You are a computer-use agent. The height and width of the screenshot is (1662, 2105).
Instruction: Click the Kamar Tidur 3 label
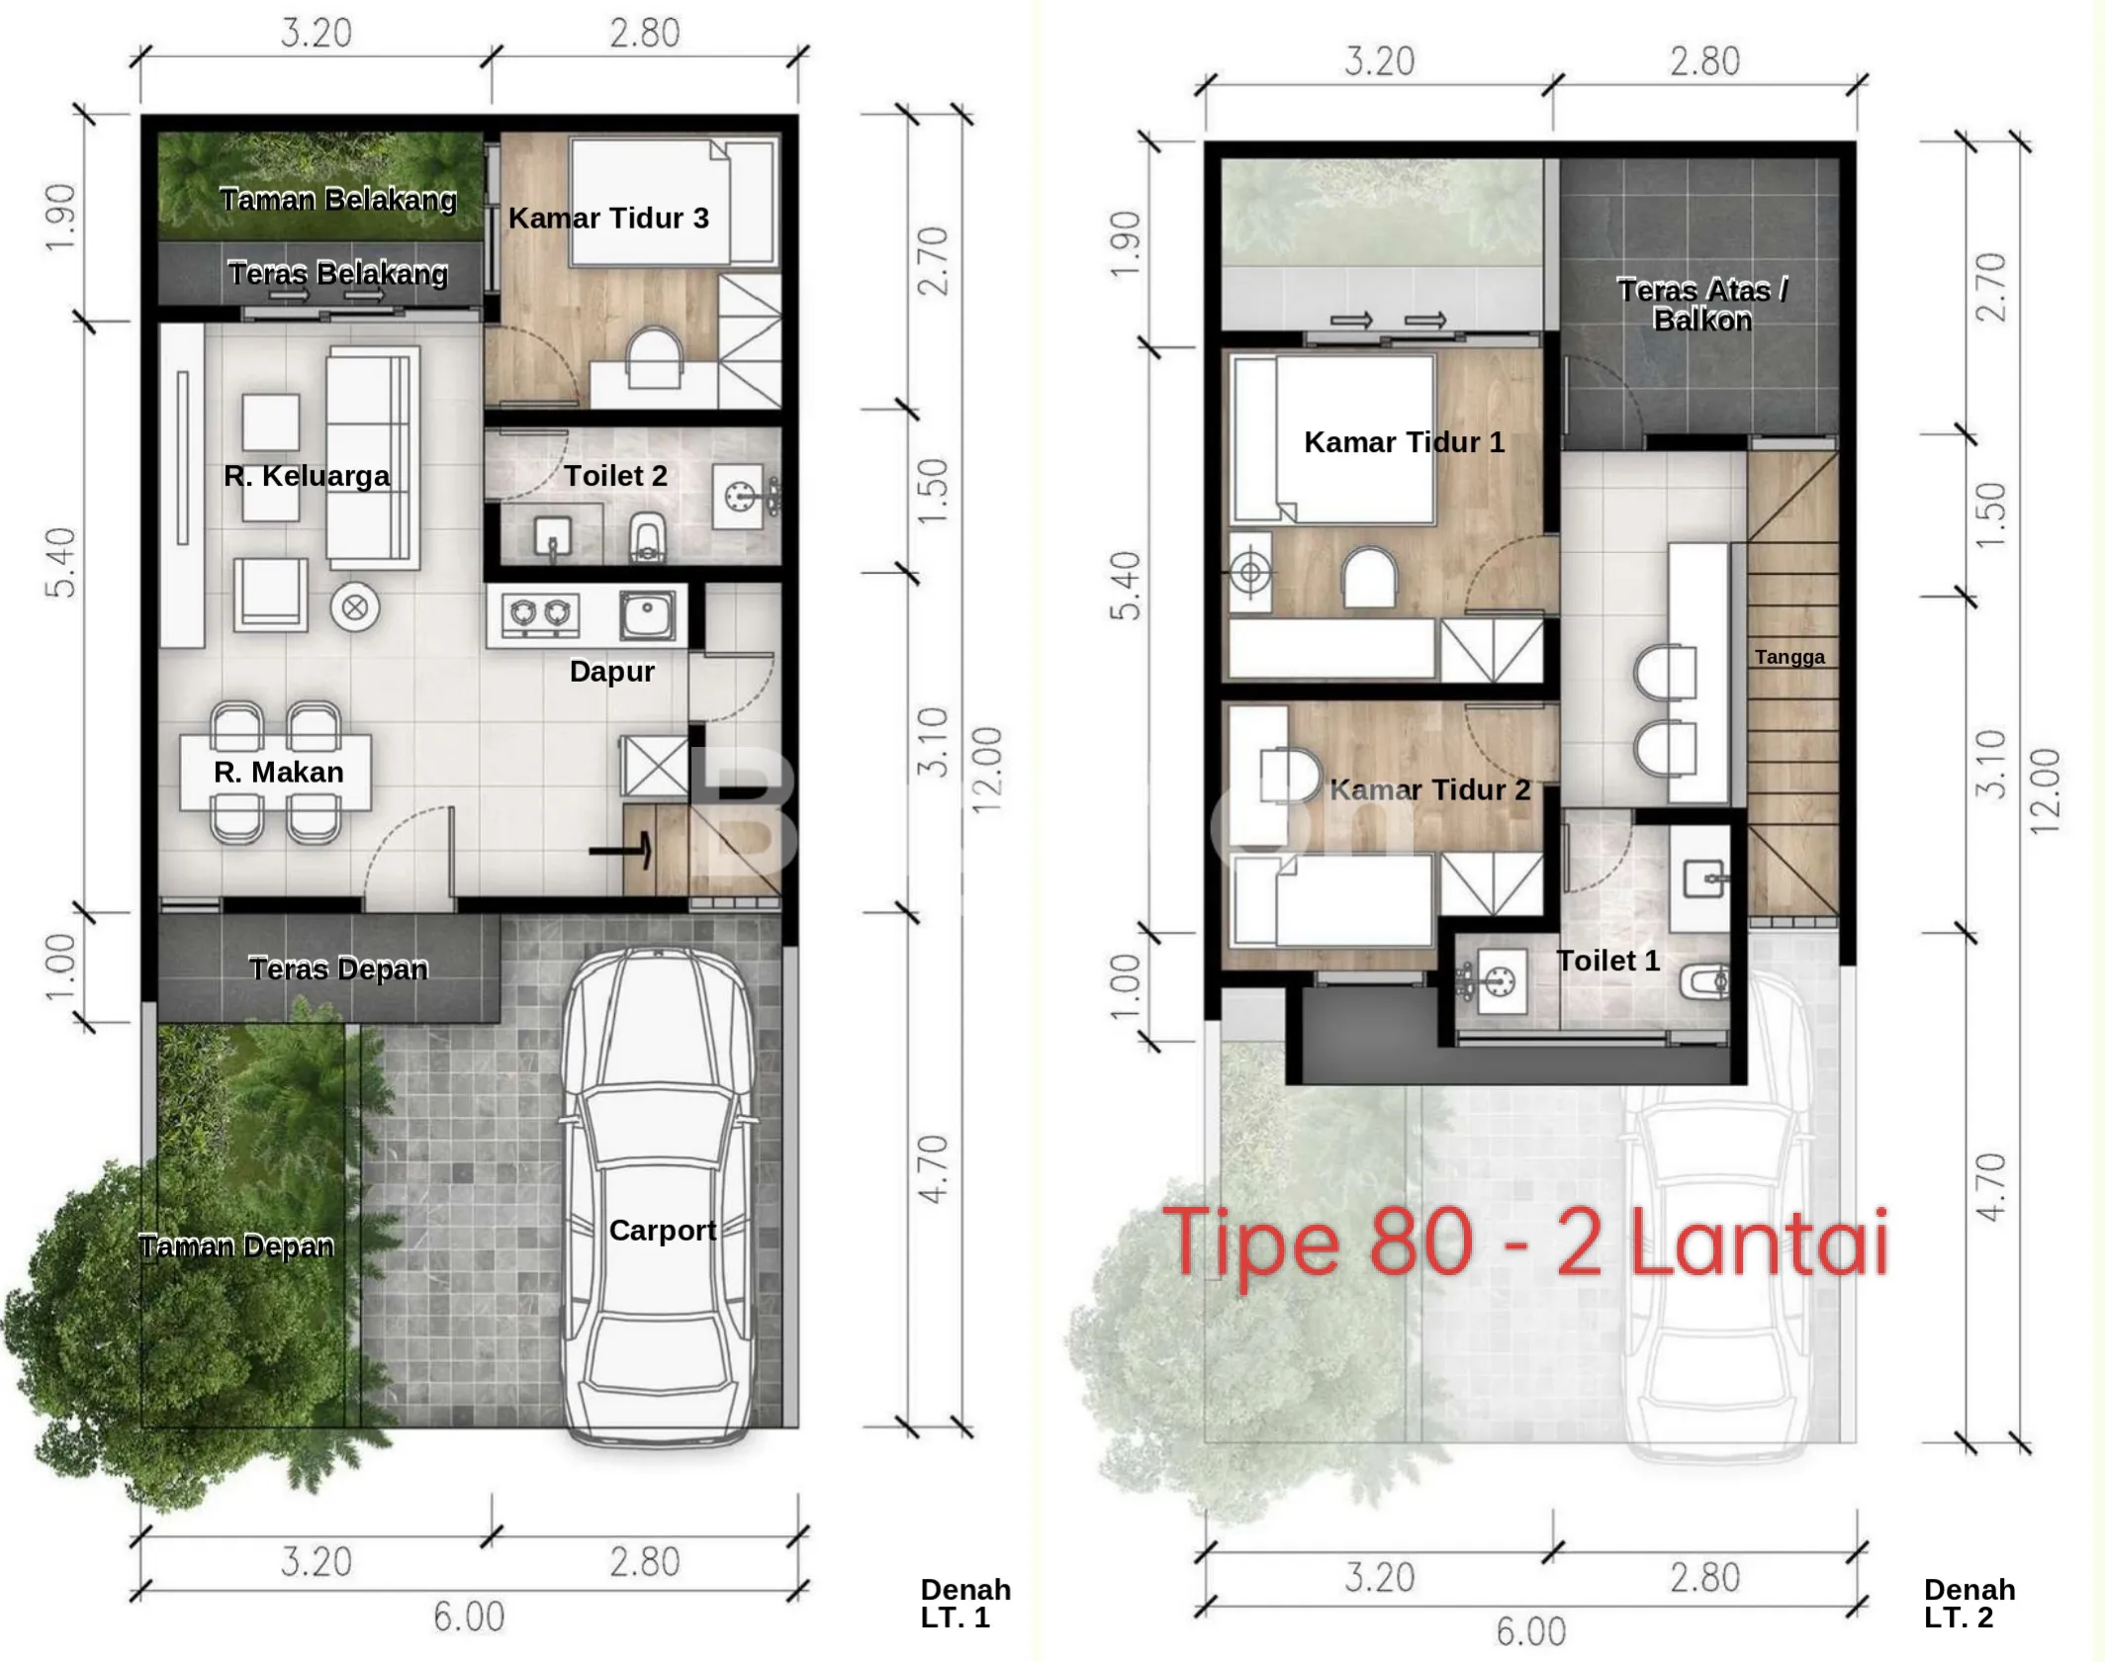click(608, 218)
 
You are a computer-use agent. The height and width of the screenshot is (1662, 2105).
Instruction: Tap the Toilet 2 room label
click(615, 476)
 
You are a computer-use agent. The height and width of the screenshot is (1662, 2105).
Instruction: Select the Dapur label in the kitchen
click(611, 672)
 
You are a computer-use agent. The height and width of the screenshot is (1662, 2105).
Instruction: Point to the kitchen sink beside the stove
click(647, 613)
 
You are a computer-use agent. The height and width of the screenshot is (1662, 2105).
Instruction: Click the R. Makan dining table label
click(278, 772)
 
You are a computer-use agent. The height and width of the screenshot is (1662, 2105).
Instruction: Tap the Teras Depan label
click(338, 969)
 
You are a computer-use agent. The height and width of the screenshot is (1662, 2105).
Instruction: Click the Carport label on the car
click(662, 1230)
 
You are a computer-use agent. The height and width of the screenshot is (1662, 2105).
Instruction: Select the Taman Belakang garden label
click(338, 200)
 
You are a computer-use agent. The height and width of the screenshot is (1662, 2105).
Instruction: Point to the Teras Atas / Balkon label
click(1702, 305)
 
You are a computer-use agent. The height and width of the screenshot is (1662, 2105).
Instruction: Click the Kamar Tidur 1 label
click(1404, 442)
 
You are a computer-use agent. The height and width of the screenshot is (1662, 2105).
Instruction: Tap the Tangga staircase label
click(1789, 657)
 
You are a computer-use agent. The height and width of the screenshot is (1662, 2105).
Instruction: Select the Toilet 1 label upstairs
click(1608, 961)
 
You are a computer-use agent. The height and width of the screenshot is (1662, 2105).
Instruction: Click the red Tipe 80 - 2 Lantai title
click(1526, 1243)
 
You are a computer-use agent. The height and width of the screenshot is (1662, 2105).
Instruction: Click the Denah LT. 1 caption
click(965, 1604)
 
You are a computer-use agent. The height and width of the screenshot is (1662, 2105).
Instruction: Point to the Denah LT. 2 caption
click(1969, 1604)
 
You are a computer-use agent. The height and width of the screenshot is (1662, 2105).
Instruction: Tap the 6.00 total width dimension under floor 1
click(469, 1617)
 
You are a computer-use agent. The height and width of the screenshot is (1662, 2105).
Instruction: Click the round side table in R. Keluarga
click(354, 607)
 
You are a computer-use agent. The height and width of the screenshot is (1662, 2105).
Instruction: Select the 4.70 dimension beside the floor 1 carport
click(934, 1169)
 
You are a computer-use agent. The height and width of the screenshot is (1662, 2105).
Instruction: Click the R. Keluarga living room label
click(307, 476)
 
